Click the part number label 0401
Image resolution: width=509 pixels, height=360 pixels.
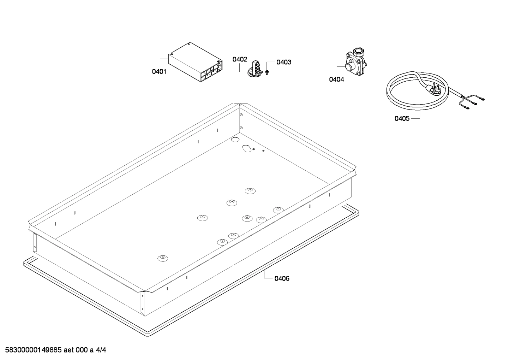159,72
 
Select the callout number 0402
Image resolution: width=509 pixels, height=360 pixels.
240,59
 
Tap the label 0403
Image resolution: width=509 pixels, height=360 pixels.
284,63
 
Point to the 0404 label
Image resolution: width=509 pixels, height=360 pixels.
336,79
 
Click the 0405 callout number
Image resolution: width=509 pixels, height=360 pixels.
402,118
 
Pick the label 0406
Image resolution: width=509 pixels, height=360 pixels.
282,279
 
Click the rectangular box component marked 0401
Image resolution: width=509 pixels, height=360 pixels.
195,63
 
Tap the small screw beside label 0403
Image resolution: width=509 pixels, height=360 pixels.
267,72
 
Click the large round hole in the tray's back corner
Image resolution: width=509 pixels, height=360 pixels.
235,140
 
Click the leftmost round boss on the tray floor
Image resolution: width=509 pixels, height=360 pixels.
162,258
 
